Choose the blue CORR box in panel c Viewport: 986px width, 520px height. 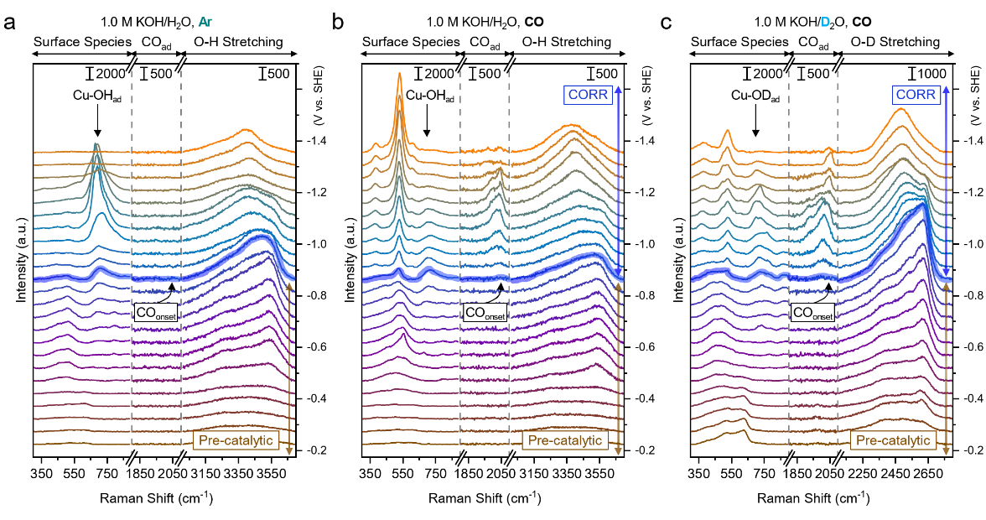[916, 95]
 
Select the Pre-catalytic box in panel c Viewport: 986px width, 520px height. [892, 440]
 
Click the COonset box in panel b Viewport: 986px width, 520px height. [486, 313]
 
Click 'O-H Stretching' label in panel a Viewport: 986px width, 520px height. [232, 41]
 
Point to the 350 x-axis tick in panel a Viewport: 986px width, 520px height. [42, 474]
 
